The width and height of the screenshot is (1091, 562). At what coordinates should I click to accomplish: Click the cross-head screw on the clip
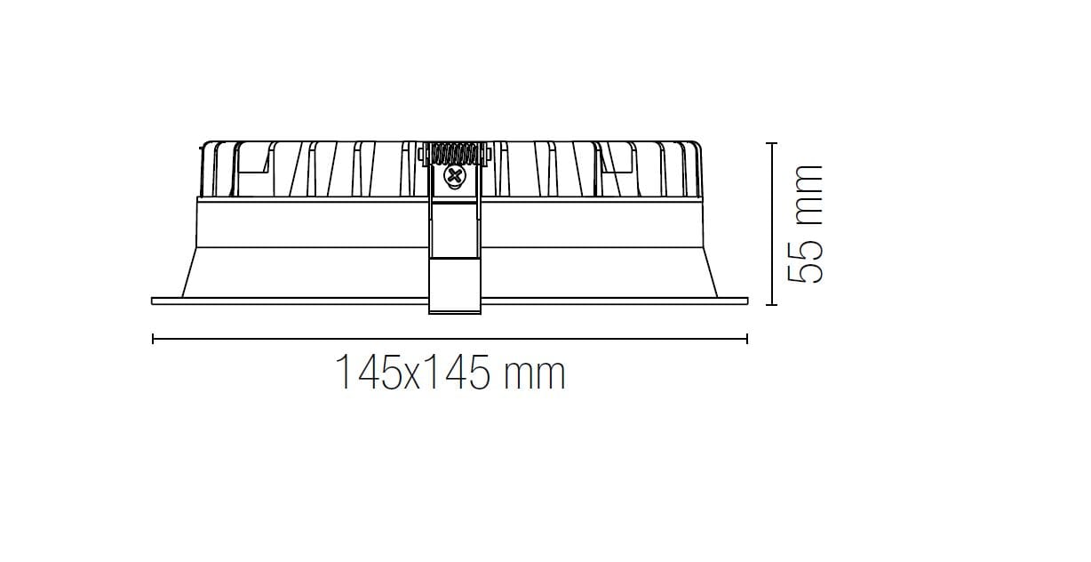click(455, 177)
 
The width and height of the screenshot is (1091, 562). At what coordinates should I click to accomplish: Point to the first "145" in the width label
click(367, 373)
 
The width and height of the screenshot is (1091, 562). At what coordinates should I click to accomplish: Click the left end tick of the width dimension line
click(154, 338)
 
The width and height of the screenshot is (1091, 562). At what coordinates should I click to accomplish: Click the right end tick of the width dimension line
click(747, 338)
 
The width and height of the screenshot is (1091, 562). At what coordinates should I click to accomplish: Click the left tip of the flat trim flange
click(154, 301)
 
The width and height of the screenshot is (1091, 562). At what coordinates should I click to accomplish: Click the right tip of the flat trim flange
click(747, 301)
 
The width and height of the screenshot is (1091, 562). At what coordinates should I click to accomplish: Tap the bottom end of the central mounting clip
click(455, 311)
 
